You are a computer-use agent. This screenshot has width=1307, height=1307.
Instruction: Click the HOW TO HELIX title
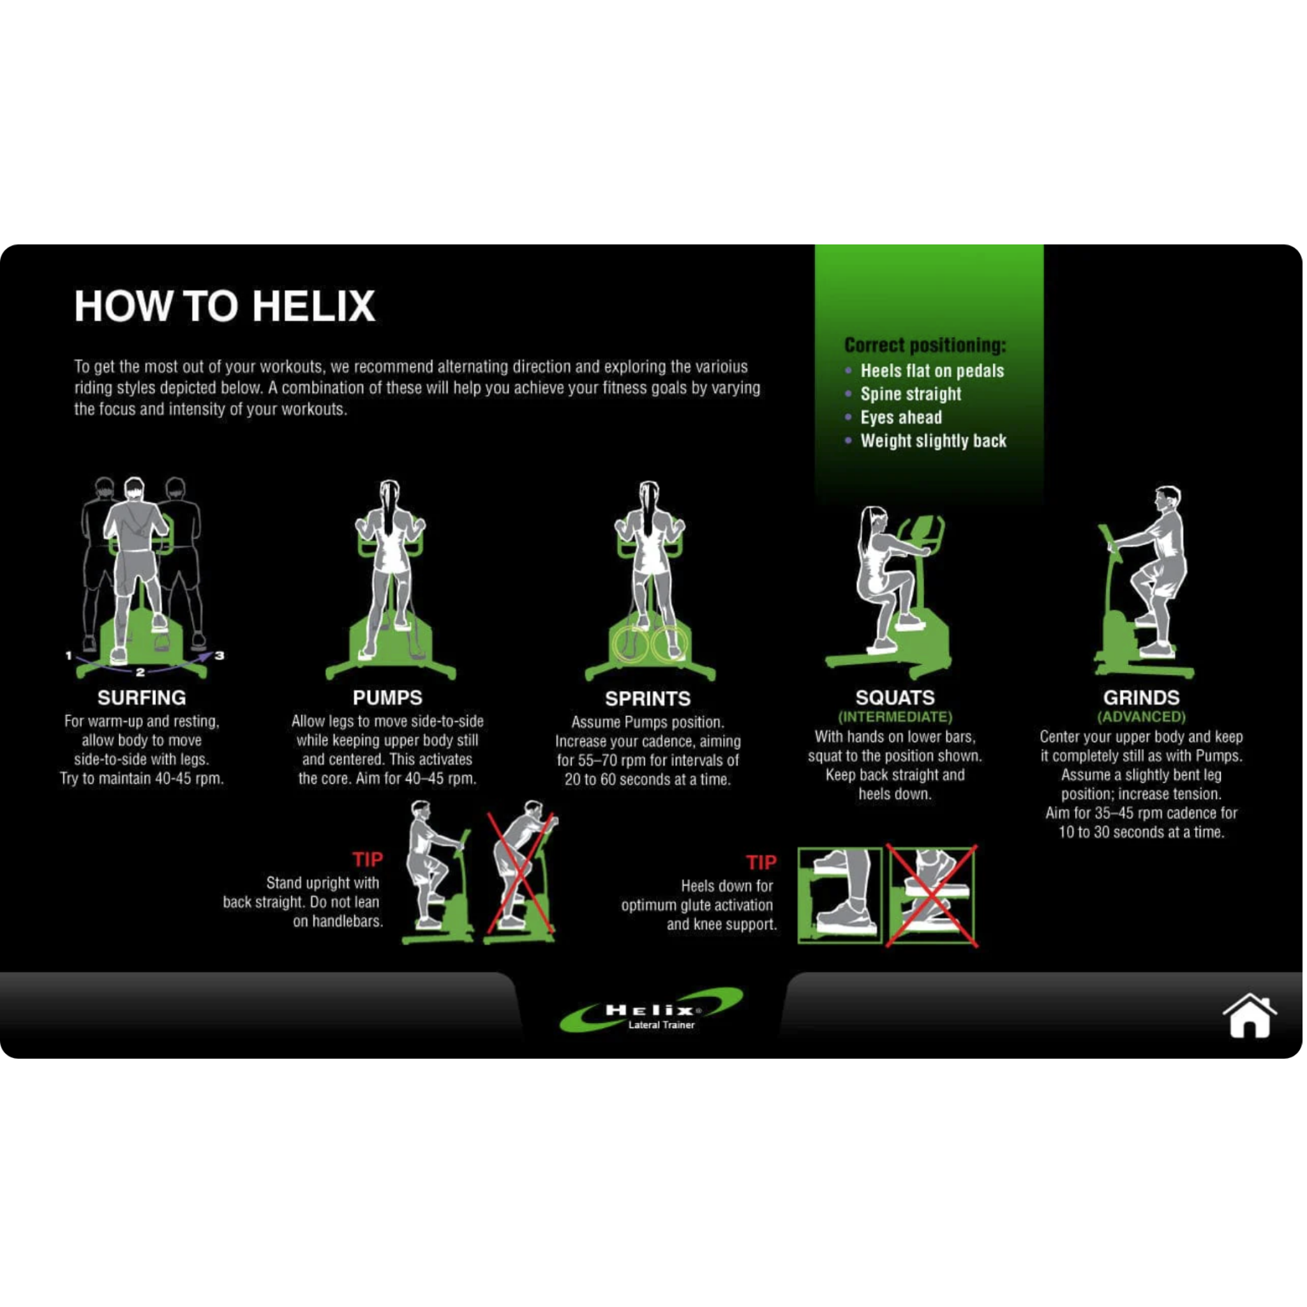click(x=224, y=306)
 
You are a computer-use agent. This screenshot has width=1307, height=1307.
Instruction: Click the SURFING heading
click(x=142, y=698)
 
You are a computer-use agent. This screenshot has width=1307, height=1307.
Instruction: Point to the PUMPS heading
click(x=387, y=698)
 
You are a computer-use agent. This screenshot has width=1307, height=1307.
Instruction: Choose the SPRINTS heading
click(x=647, y=698)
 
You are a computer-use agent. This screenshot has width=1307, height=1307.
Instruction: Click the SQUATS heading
click(x=894, y=698)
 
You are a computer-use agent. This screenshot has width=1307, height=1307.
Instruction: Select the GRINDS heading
click(x=1140, y=698)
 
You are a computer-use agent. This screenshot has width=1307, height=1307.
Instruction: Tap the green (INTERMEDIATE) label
click(x=894, y=717)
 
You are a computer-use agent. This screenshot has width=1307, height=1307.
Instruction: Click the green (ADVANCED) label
click(x=1140, y=717)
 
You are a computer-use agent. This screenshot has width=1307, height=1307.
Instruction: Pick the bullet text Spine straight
click(x=910, y=394)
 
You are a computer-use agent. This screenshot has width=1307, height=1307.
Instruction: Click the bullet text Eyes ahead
click(x=900, y=417)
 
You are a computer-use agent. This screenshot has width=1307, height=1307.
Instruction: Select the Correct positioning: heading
click(x=925, y=345)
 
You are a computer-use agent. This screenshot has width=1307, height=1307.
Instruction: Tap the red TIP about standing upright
click(x=368, y=859)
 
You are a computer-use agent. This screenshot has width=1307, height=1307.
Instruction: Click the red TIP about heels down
click(x=761, y=863)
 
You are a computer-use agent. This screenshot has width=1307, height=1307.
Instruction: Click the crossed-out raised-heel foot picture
click(x=932, y=894)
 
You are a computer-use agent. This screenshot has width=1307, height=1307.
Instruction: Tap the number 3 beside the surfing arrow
click(x=219, y=655)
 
